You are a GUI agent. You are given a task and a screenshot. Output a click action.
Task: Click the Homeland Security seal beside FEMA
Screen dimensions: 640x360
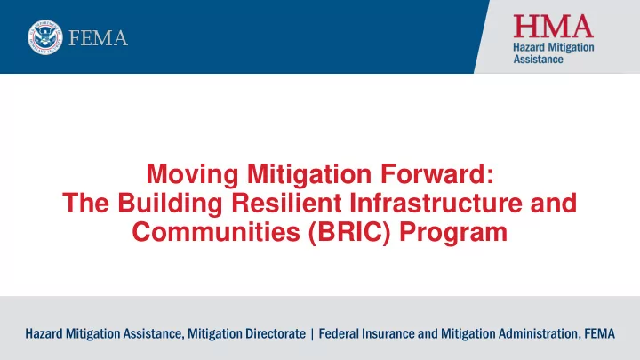45,37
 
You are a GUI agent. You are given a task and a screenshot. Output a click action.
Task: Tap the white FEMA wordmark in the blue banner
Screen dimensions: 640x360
98,38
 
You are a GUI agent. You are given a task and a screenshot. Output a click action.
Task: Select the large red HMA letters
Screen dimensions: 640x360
553,26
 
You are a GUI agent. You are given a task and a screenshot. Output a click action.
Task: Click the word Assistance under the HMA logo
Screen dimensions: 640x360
538,60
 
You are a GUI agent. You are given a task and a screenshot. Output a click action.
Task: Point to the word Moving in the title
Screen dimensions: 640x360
192,175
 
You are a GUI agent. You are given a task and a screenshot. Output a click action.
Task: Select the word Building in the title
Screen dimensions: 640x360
170,204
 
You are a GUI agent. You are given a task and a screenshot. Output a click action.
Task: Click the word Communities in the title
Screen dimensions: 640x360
216,232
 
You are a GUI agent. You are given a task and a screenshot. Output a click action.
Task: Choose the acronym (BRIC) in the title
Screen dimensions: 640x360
350,233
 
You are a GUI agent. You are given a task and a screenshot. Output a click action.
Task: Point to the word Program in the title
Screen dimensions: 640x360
453,233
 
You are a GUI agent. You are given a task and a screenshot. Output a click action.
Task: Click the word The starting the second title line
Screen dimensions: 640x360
85,203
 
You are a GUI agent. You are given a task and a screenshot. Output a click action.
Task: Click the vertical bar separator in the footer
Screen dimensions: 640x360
312,334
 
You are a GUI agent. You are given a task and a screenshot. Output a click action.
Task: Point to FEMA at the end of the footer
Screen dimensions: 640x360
599,333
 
